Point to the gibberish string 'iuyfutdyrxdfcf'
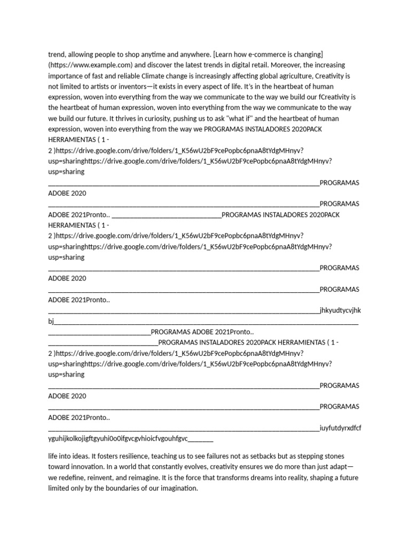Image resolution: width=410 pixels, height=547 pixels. click(340, 428)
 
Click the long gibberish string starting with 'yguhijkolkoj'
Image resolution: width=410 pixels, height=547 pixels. click(118, 439)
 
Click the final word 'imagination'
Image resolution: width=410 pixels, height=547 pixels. click(178, 489)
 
